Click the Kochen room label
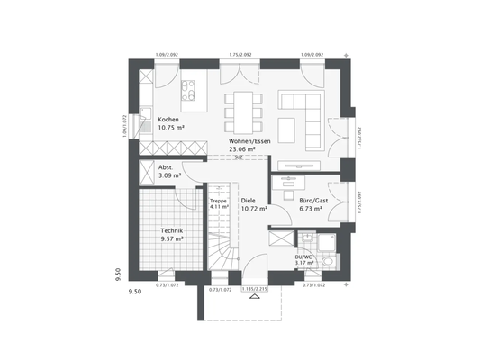[168, 121]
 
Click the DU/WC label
[303, 256]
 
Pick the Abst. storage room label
[166, 168]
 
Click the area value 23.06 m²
[244, 150]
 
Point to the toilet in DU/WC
[329, 261]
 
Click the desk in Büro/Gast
[289, 183]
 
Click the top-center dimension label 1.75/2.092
[240, 55]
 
